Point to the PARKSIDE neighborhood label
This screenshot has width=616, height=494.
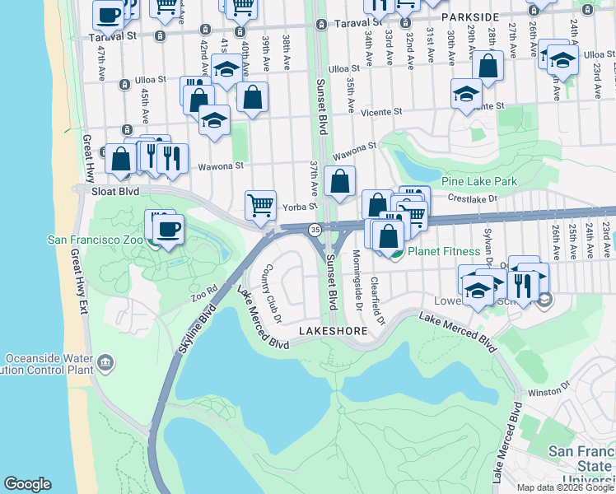(x=469, y=16)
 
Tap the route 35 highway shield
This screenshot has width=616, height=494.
(x=315, y=229)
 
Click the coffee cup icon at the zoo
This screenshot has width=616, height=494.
(x=169, y=229)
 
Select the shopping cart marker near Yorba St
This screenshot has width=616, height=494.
(x=261, y=204)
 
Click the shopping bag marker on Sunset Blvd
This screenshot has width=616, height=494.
(x=339, y=180)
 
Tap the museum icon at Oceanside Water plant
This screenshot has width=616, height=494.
(x=105, y=362)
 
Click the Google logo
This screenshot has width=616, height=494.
(x=27, y=484)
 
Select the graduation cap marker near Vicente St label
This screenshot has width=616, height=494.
(x=466, y=92)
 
